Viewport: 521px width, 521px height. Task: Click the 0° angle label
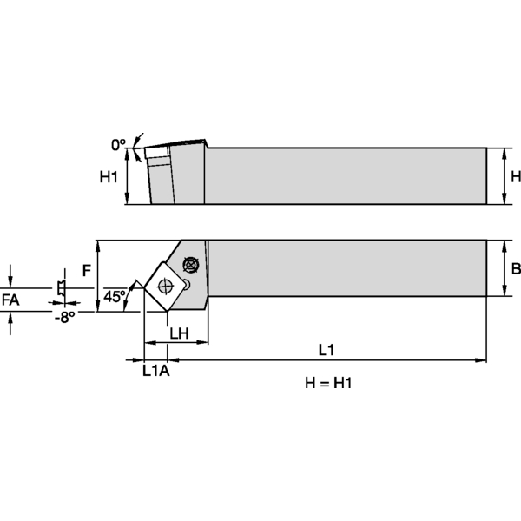click(119, 142)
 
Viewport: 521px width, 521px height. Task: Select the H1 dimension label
click(109, 177)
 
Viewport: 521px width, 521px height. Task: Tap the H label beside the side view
click(515, 177)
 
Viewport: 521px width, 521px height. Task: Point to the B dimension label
click(515, 268)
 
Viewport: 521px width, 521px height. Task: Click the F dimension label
click(87, 270)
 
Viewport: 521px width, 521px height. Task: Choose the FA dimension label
click(11, 300)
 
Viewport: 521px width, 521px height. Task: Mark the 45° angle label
click(115, 297)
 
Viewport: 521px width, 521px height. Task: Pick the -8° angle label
click(64, 318)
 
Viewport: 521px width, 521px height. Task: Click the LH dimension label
click(179, 333)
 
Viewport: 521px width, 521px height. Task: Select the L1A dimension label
click(156, 371)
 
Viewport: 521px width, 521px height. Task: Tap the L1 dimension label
click(326, 350)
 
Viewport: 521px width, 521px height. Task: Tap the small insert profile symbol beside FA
click(60, 287)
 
